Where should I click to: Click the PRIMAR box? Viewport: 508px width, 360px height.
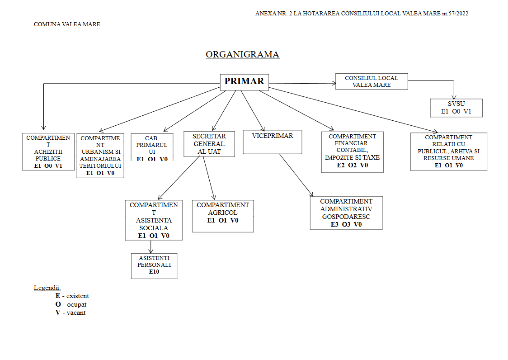tap(244, 82)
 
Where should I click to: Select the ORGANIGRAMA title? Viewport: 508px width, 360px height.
tap(242, 55)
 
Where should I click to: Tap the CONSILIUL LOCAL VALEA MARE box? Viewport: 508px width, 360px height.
tap(372, 81)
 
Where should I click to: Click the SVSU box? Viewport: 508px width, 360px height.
tap(456, 108)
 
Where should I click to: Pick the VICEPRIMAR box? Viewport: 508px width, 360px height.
tap(273, 142)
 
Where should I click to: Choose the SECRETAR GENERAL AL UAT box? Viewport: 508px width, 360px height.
tap(209, 144)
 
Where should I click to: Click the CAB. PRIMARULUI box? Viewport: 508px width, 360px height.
tap(152, 147)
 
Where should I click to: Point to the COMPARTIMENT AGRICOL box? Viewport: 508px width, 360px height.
tap(222, 216)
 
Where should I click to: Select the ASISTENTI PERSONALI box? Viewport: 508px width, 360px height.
tap(154, 266)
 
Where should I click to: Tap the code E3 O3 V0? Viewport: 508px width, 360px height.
tap(346, 224)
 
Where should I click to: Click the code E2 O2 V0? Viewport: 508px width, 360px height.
tap(353, 166)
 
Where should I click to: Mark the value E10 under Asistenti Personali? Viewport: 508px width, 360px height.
tap(154, 272)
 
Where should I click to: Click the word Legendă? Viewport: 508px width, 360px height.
tap(47, 288)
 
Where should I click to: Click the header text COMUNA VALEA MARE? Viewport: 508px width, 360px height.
tap(67, 24)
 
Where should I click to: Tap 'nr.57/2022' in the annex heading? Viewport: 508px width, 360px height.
tap(455, 14)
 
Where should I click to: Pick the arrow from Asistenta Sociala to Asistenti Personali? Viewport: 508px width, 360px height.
tap(151, 246)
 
